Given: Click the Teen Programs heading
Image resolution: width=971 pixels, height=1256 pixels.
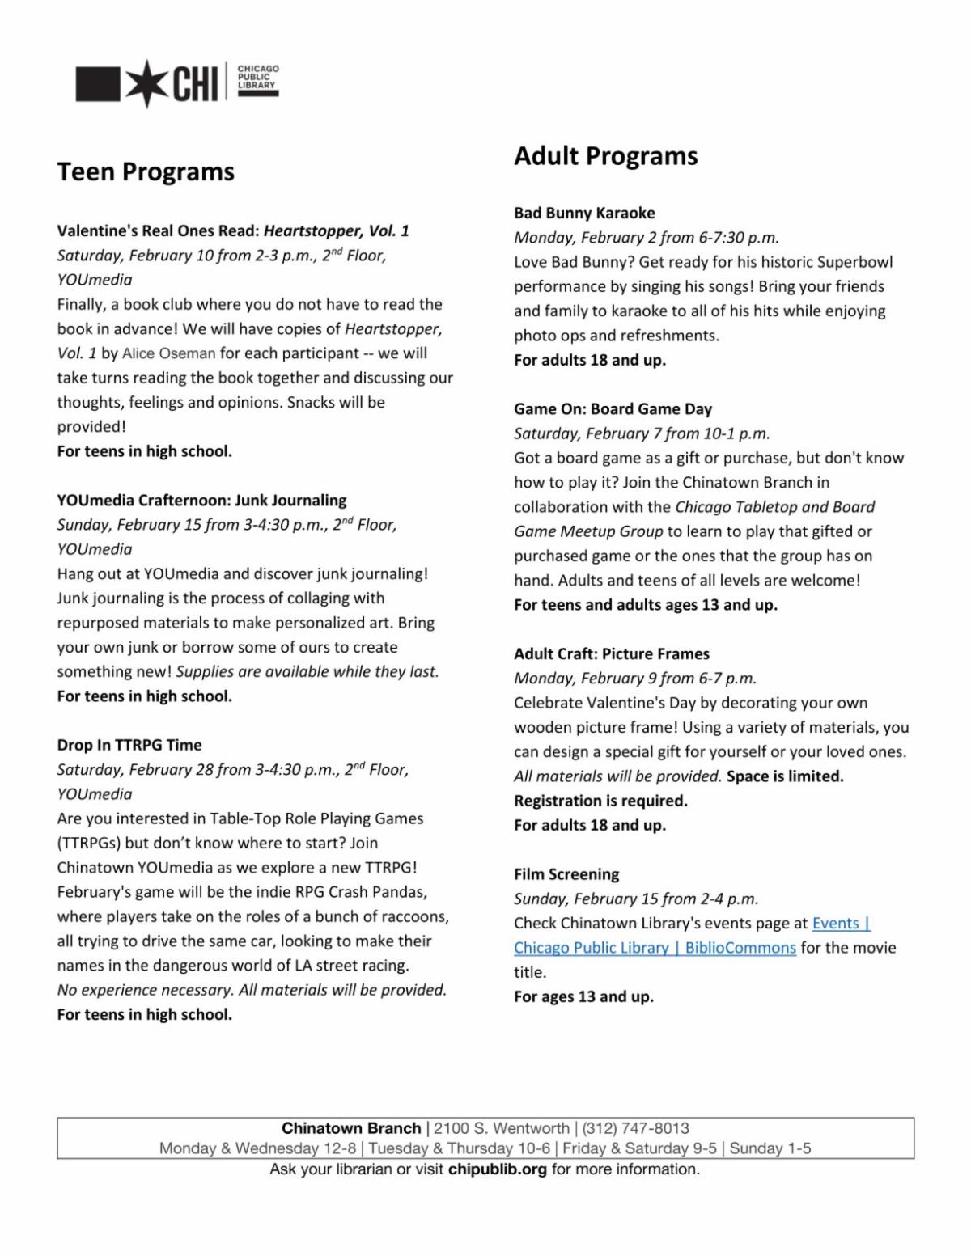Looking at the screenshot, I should coord(146,171).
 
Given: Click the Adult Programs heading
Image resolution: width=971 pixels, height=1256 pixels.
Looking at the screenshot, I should coord(605,155).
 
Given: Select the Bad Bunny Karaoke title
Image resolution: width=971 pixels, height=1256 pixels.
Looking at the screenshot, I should coord(584,213).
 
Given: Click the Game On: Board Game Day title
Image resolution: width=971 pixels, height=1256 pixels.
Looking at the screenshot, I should coord(613,408).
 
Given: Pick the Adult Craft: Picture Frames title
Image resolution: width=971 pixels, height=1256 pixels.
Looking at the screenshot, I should coord(611,653).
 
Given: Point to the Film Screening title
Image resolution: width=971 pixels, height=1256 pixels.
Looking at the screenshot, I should coord(566,873).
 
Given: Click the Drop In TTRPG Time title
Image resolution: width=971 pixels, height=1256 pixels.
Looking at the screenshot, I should coord(129,745).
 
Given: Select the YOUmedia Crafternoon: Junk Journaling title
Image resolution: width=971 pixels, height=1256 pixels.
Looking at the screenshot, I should coord(201,500).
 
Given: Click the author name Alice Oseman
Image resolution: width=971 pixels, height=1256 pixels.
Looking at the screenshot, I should coord(168,353).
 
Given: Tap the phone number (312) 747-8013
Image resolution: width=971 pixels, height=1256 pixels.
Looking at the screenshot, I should coord(635,1128).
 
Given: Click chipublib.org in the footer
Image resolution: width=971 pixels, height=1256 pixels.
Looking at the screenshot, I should coord(497,1169).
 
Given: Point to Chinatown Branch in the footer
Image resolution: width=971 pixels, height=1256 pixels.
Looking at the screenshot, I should coord(351,1128).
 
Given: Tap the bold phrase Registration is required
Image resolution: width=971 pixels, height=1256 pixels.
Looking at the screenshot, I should coord(600,801).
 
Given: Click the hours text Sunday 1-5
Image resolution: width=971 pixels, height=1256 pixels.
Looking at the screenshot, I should coord(770,1148).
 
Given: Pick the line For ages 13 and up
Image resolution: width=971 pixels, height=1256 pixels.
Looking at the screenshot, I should coord(583,996).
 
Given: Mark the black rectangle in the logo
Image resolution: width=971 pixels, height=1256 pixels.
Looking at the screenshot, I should coord(97,84).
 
